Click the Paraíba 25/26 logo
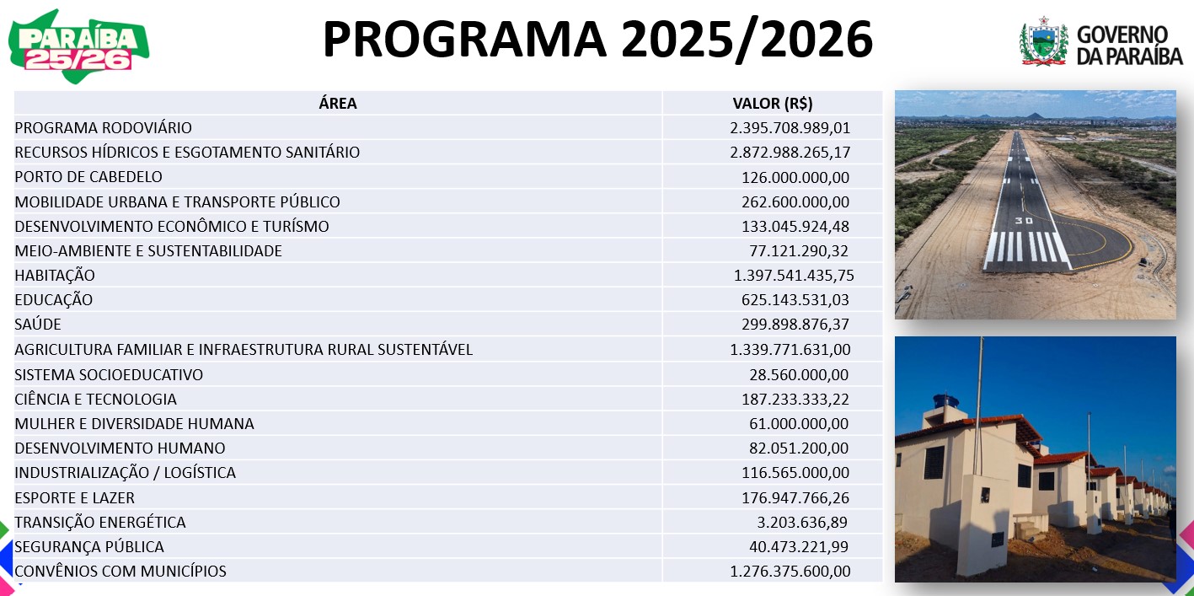coord(79,47)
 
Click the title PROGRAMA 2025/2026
coord(597,40)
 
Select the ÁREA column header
coord(338,104)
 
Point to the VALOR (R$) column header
coord(772,104)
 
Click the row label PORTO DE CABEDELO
coord(88,177)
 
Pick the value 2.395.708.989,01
coord(790,128)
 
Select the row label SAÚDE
coord(38,325)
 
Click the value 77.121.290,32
coord(798,251)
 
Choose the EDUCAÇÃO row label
coord(54,300)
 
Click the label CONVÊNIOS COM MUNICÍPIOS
coord(120,572)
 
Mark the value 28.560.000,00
coord(798,374)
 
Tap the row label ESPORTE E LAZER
coord(75,498)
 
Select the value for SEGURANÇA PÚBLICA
coord(798,547)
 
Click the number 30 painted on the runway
coord(1024,221)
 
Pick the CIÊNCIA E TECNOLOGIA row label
coord(96,399)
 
